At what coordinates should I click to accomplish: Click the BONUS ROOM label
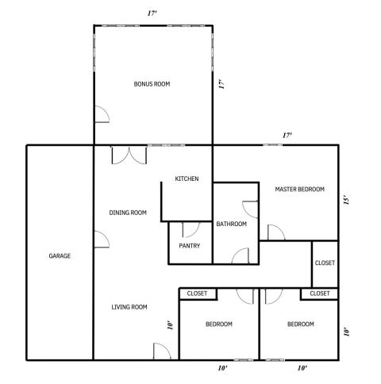(x=152, y=84)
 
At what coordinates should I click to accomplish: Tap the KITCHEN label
(x=187, y=179)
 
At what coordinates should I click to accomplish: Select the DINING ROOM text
(x=128, y=213)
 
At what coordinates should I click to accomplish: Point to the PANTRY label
(x=190, y=246)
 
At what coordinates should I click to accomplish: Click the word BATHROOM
(x=232, y=224)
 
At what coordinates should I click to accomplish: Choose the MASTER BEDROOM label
(x=300, y=190)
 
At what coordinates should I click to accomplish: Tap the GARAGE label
(x=60, y=256)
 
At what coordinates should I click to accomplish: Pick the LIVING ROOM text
(x=129, y=307)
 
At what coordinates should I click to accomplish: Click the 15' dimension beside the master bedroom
(x=347, y=200)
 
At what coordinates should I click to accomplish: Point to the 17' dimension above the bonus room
(x=152, y=13)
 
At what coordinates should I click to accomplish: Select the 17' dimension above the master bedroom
(x=287, y=136)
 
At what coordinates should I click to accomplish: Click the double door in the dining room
(x=129, y=156)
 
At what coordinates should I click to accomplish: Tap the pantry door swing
(x=191, y=230)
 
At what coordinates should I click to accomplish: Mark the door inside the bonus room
(x=102, y=114)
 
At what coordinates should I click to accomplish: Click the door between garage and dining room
(x=102, y=240)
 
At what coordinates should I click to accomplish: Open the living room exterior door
(x=162, y=351)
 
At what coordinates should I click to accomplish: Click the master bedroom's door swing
(x=276, y=232)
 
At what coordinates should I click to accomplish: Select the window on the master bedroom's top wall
(x=272, y=145)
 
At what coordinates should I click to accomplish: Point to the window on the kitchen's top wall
(x=167, y=145)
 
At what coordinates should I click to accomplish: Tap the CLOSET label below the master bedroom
(x=325, y=263)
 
